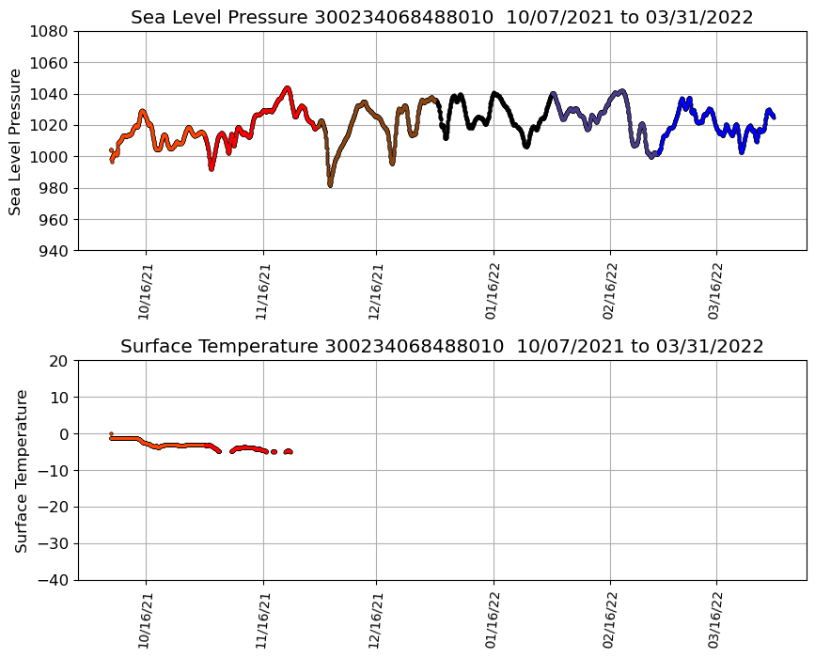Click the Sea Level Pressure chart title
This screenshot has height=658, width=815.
[x=442, y=17]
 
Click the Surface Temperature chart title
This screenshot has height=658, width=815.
[x=442, y=346]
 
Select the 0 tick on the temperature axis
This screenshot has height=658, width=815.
[x=65, y=434]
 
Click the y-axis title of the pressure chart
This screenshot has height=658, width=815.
[x=16, y=141]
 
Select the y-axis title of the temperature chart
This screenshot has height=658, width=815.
[x=21, y=470]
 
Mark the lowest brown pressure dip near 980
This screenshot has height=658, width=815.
[x=330, y=184]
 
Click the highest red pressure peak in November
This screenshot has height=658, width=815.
[x=287, y=88]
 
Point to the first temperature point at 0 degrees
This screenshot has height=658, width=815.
[x=111, y=433]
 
